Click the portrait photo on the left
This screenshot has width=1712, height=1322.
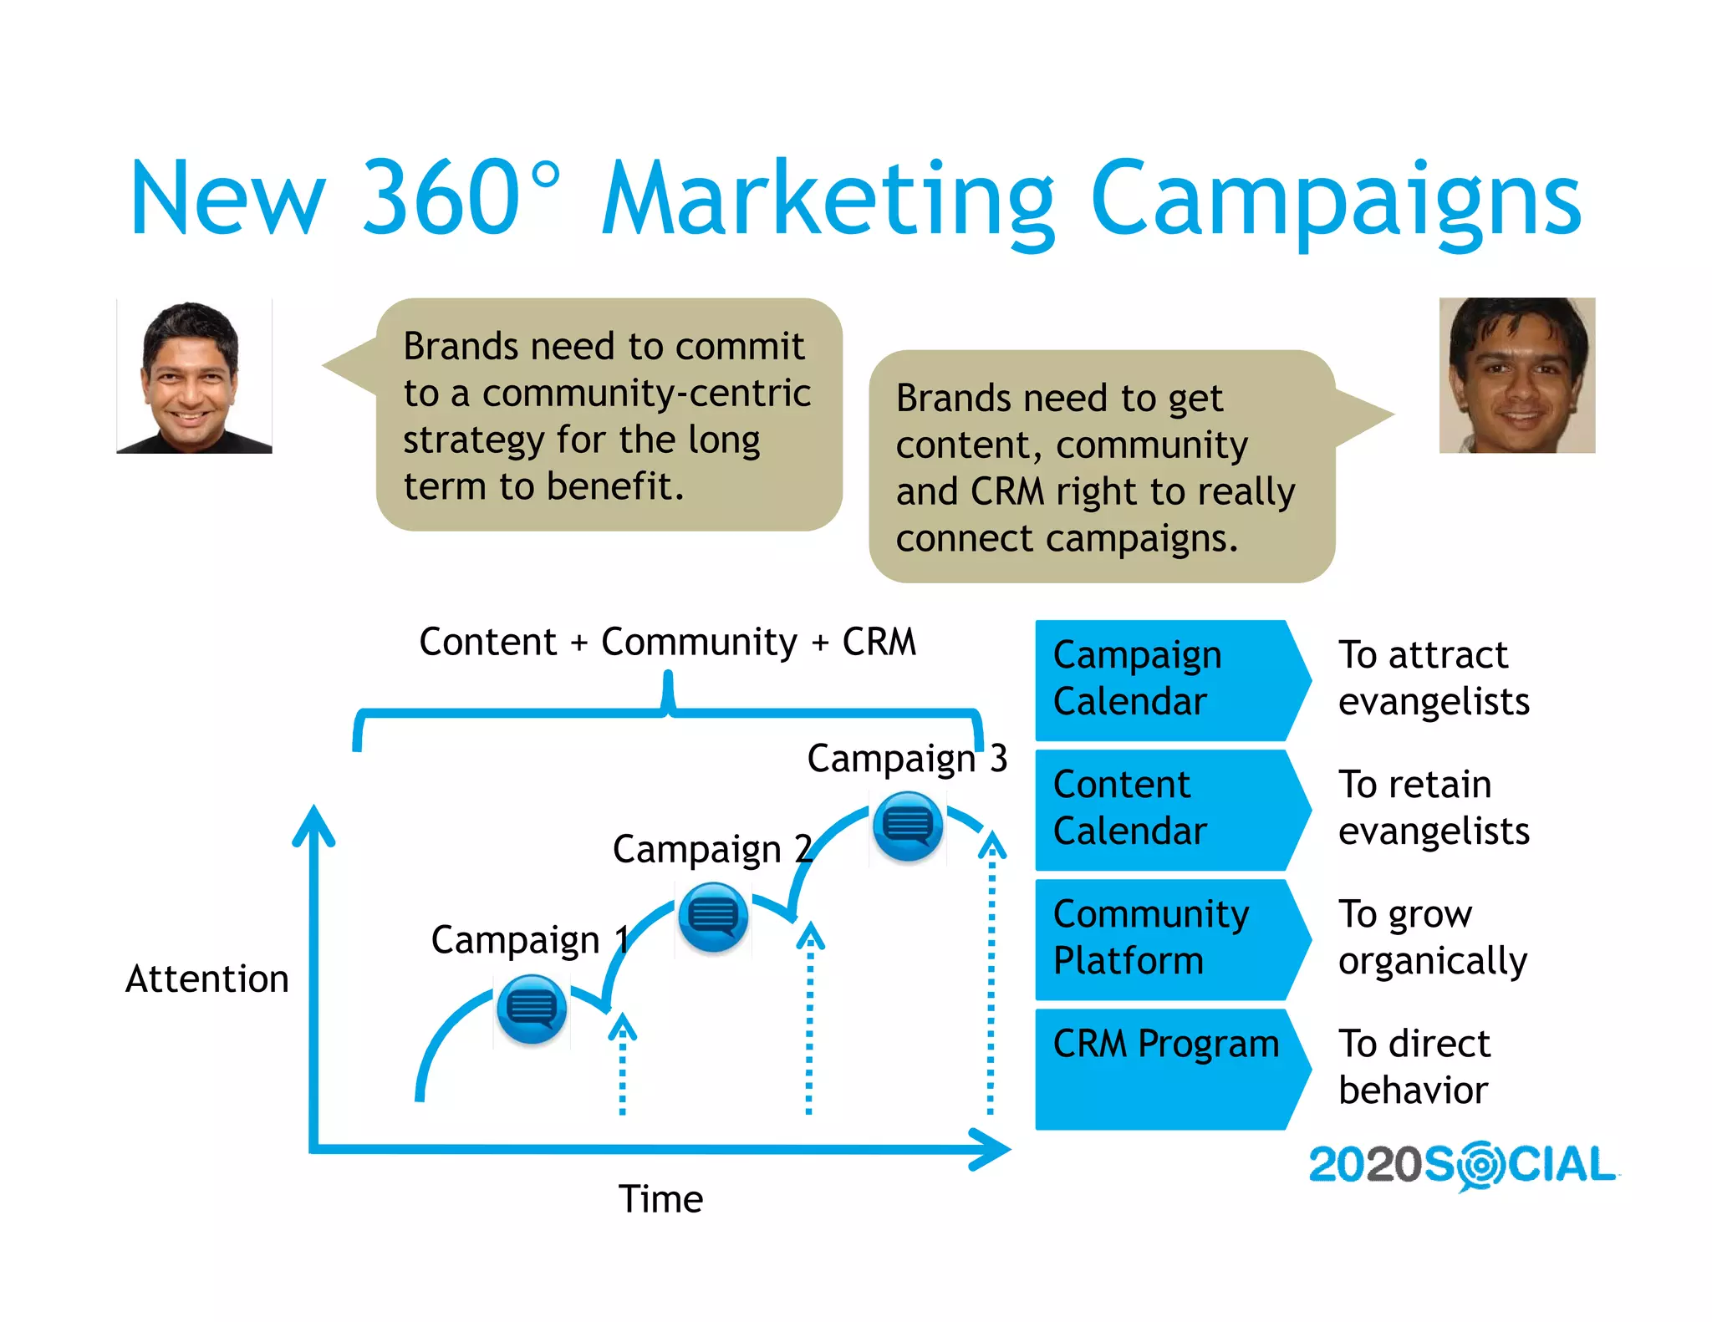[x=194, y=377]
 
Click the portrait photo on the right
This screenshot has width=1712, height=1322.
[x=1516, y=375]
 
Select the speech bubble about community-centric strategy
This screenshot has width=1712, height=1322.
[x=608, y=415]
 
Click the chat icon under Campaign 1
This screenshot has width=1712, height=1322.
[x=532, y=1009]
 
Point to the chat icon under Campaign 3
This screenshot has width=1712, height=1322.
[x=907, y=826]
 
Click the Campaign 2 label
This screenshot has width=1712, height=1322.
[x=711, y=849]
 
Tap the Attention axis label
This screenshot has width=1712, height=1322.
[x=206, y=979]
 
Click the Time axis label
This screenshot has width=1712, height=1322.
[x=660, y=1198]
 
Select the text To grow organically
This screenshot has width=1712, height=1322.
[x=1432, y=938]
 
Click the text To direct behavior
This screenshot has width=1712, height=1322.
[x=1414, y=1067]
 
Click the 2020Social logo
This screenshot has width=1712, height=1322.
[x=1462, y=1165]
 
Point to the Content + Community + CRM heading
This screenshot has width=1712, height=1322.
[x=667, y=642]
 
